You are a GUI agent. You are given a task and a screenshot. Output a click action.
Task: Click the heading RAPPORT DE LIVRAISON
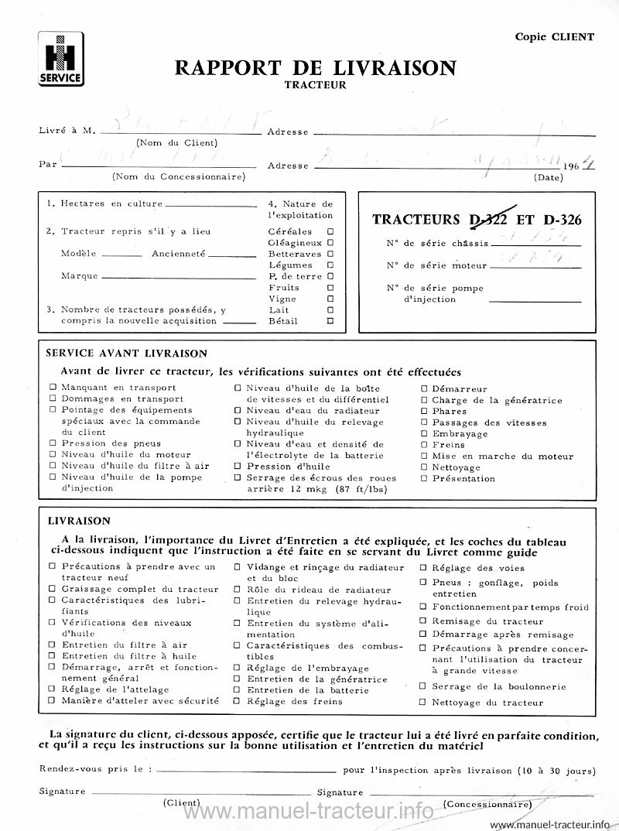click(315, 68)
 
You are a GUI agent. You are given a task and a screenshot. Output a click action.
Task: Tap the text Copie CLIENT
click(555, 36)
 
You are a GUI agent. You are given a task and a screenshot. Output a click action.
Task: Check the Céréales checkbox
click(330, 231)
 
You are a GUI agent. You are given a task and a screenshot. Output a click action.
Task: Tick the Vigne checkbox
click(330, 299)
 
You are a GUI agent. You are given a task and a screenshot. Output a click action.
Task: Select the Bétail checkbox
click(330, 320)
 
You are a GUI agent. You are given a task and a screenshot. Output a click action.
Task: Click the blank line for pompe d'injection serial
click(535, 300)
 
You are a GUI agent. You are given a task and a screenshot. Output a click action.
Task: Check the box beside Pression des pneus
click(53, 443)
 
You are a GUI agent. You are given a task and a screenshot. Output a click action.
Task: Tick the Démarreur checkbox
click(424, 388)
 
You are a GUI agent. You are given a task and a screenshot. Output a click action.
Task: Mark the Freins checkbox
click(424, 445)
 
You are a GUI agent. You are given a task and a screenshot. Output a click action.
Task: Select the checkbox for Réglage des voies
click(423, 568)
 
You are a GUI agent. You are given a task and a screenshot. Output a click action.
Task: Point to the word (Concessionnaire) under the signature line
click(487, 804)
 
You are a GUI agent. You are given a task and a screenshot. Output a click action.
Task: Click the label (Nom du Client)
click(177, 142)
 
